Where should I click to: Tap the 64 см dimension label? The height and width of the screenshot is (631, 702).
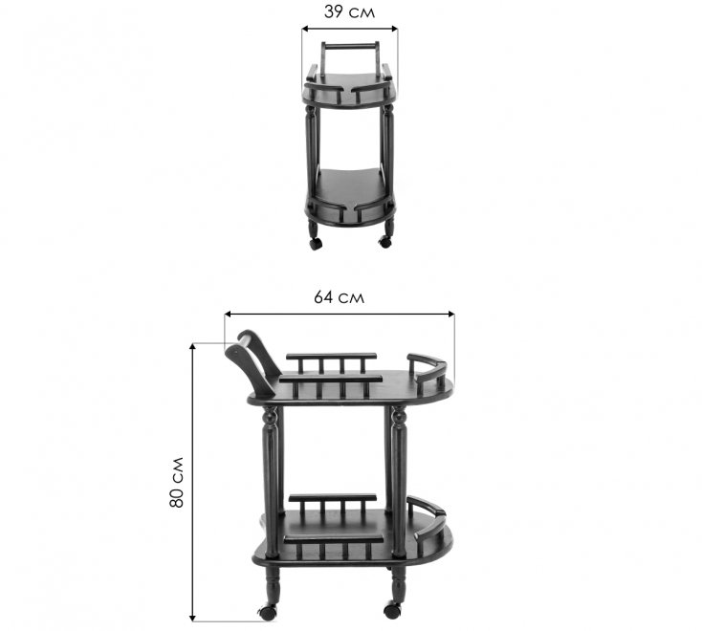[339, 296]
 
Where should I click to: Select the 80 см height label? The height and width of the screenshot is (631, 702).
[177, 484]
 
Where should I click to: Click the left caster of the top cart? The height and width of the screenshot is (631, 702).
[316, 243]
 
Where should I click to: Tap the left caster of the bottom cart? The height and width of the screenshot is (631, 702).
[267, 612]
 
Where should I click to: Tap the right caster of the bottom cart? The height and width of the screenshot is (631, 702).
[392, 609]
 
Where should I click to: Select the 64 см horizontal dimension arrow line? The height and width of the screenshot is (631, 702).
[339, 314]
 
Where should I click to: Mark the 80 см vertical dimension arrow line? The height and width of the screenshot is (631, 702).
[194, 483]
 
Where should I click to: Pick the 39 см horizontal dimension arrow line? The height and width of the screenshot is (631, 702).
[349, 28]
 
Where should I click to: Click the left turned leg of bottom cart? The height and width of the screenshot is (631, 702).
[272, 478]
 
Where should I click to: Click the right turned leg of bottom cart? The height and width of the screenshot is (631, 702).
[398, 478]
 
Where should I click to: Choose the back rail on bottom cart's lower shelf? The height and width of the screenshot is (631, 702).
[332, 500]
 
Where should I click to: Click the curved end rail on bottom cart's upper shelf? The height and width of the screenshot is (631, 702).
[429, 369]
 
